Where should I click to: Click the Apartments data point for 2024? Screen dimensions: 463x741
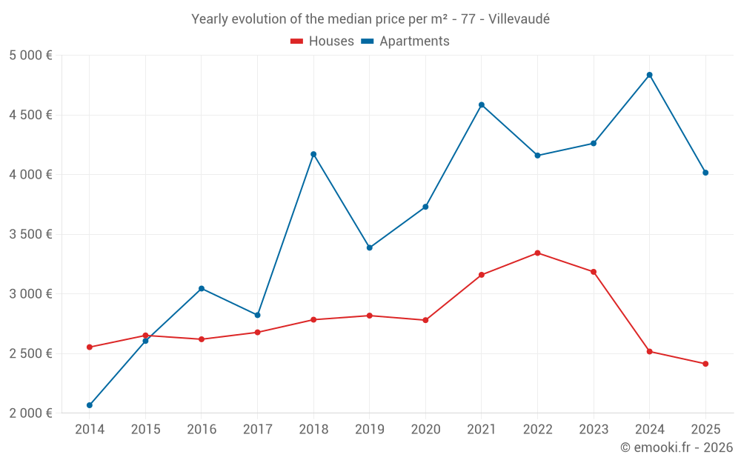[x=649, y=75]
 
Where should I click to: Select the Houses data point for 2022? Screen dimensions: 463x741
[x=537, y=253]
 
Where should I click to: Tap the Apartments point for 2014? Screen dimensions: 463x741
[x=90, y=405]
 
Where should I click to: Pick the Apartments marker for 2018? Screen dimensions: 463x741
[x=313, y=154]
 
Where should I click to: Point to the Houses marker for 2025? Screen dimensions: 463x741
[x=705, y=364]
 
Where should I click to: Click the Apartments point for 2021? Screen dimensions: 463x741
[x=482, y=104]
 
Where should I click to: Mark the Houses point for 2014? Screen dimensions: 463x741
[x=90, y=347]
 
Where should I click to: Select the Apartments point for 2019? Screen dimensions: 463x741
[x=370, y=247]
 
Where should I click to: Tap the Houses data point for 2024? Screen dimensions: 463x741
[x=649, y=351]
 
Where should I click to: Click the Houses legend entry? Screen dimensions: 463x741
[x=322, y=41]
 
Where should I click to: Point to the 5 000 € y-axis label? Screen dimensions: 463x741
[x=30, y=56]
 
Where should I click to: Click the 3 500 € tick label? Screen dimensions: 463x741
[x=30, y=234]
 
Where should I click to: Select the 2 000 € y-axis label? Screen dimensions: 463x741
[x=30, y=413]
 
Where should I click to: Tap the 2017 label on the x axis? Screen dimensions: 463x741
[x=257, y=429]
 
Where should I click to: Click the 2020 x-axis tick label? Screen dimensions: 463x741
[x=425, y=429]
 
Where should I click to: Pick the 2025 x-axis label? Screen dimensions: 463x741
[x=705, y=429]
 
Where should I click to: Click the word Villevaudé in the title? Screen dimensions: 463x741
[x=519, y=19]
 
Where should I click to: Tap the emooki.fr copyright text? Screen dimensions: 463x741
[x=677, y=447]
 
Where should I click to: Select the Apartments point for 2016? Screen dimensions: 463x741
[x=202, y=288]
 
